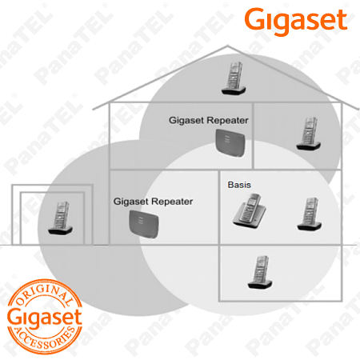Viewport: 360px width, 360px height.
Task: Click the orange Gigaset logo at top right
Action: [296, 22]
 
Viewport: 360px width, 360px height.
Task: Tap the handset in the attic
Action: [234, 78]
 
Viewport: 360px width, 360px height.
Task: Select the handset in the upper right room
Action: [309, 134]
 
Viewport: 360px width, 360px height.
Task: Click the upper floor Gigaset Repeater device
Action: [230, 142]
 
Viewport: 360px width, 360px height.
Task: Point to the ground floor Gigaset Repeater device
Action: [144, 224]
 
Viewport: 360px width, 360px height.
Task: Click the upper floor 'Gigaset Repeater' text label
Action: [209, 120]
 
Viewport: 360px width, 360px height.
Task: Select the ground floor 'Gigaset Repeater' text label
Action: [153, 202]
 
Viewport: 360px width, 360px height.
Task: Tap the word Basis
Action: [239, 185]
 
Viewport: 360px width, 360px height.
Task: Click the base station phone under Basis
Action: [250, 210]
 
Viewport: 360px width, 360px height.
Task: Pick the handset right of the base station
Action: [310, 214]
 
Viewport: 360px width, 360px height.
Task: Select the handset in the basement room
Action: [260, 272]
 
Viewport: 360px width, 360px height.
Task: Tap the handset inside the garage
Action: [60, 218]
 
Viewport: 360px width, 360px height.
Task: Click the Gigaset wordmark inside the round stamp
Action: [45, 318]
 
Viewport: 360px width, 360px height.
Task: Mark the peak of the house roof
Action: [227, 46]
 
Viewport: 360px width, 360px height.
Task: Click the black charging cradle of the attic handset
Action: [234, 90]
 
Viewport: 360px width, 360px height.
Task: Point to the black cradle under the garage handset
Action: [60, 230]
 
